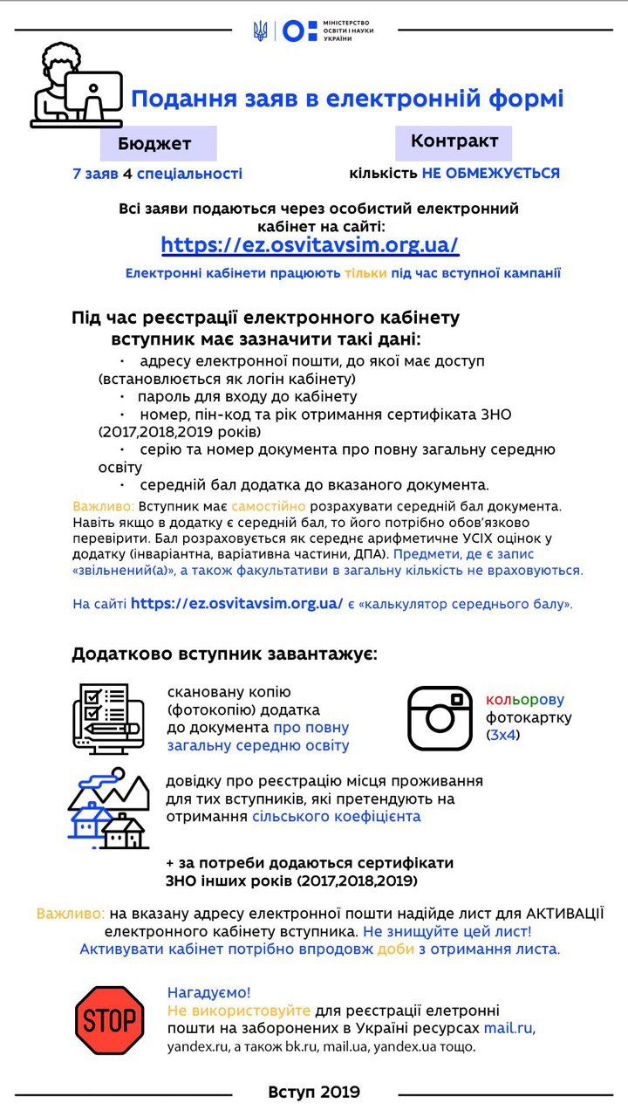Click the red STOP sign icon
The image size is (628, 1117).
[109, 1020]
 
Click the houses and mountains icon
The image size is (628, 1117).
[108, 808]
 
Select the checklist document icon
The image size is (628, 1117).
[106, 719]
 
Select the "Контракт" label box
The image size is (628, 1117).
[454, 141]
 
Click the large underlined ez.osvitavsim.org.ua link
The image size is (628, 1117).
[310, 245]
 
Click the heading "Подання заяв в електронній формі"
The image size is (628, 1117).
[347, 99]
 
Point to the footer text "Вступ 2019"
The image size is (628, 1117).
[314, 1092]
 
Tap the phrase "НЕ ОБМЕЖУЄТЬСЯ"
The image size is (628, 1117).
[490, 173]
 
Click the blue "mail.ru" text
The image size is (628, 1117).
[508, 1029]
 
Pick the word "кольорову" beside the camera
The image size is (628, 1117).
[525, 700]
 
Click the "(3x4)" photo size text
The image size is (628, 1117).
[502, 735]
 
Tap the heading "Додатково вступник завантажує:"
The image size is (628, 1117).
[224, 654]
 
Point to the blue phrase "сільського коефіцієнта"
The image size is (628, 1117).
[336, 817]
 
